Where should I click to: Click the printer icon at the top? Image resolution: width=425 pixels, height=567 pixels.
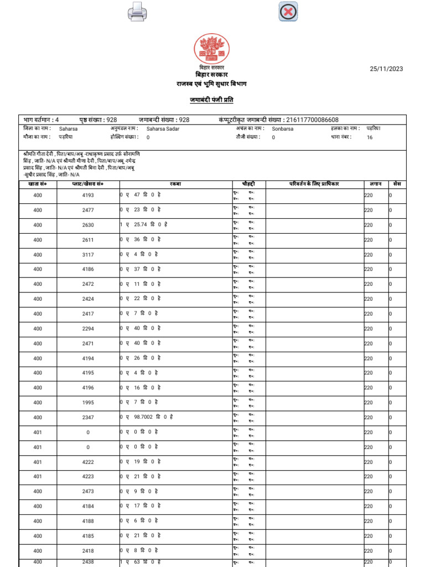137,12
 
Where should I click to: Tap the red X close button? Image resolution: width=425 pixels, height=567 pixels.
288,12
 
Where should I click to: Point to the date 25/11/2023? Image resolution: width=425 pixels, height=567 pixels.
386,69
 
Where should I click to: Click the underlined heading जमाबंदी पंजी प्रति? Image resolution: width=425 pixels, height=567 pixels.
211,100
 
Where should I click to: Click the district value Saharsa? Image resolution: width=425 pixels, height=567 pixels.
69,128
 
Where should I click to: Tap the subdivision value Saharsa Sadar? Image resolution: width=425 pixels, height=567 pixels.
163,128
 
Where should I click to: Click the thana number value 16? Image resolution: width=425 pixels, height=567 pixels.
370,137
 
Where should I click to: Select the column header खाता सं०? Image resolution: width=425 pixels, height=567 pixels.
37,183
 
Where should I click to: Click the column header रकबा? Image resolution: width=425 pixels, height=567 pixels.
175,183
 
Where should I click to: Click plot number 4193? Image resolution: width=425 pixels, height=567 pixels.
88,195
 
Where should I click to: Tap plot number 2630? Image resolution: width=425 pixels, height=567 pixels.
88,225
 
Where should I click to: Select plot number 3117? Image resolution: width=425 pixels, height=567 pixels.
88,255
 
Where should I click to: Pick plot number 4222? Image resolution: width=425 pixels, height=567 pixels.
88,462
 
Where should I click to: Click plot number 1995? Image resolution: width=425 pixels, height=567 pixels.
88,403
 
